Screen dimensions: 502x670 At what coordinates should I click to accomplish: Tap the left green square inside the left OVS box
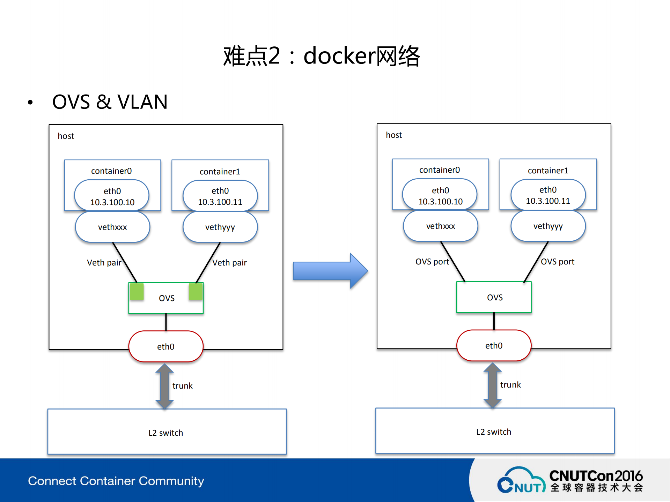[137, 292]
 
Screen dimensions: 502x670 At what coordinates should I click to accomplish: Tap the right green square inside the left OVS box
[196, 292]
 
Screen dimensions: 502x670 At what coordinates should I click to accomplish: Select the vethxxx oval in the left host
[112, 227]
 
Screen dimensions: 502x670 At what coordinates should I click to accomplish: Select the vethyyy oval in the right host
[548, 226]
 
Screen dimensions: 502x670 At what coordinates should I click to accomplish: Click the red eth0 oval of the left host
[166, 346]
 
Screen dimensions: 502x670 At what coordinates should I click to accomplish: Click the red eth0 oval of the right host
[494, 345]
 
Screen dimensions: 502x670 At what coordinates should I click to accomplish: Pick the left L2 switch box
[167, 432]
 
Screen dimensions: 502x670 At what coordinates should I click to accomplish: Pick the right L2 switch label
[494, 432]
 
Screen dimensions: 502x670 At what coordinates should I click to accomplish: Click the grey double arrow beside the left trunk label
[164, 386]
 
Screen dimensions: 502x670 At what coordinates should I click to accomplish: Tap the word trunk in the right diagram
[510, 385]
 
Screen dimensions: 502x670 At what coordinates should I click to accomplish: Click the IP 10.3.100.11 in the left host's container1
[220, 202]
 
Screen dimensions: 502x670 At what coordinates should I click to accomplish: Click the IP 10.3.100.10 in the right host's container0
[440, 202]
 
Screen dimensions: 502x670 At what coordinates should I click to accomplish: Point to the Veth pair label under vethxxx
[104, 263]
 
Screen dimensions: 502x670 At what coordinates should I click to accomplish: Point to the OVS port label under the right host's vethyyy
[557, 262]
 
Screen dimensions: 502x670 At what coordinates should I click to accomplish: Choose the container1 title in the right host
[548, 171]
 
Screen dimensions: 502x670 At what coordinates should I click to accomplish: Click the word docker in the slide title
[339, 56]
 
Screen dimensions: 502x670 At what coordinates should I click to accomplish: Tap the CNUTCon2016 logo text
[596, 476]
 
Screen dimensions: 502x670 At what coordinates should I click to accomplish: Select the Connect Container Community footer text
[116, 481]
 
